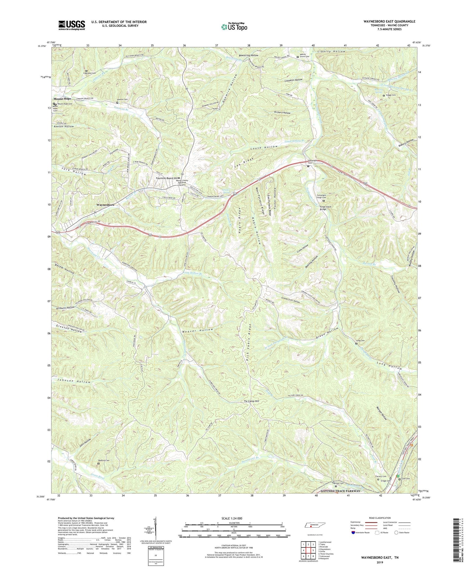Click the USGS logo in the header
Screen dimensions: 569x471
point(71,25)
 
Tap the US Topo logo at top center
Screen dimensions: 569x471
point(234,27)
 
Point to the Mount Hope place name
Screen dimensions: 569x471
point(62,99)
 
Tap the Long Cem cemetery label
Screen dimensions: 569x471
point(360,341)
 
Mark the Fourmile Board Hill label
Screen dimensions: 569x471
point(166,178)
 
